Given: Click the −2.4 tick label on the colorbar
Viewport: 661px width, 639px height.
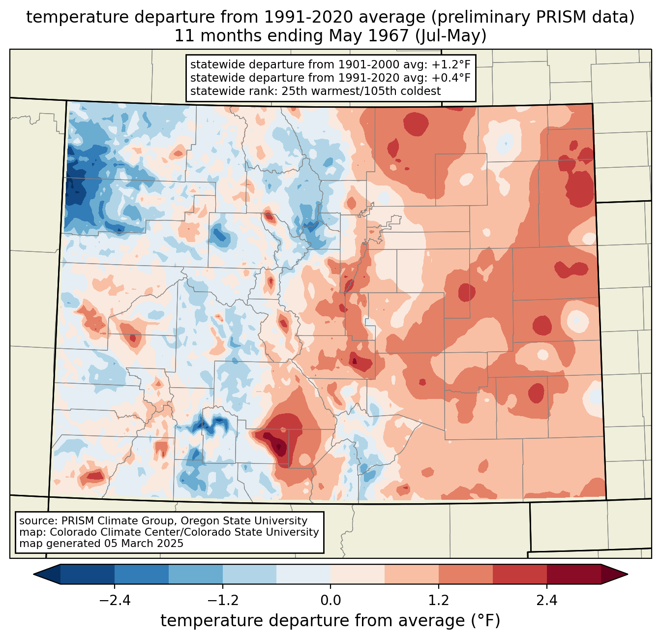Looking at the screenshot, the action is (115, 600).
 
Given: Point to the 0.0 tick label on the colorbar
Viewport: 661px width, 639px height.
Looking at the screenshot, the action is (330, 600).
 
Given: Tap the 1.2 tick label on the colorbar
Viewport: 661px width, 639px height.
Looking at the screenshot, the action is (439, 600).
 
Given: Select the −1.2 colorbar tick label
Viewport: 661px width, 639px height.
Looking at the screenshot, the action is (222, 600).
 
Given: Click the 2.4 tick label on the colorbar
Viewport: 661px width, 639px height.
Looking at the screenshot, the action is (546, 600).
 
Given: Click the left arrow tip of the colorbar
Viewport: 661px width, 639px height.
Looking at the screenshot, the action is (33, 574).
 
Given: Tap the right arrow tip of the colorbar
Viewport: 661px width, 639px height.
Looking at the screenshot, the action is (628, 574).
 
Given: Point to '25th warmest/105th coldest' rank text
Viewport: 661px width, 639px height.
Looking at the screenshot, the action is (361, 91).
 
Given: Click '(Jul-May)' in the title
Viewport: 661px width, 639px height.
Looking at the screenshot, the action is (451, 36).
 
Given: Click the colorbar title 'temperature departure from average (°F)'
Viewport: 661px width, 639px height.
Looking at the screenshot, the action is (330, 620).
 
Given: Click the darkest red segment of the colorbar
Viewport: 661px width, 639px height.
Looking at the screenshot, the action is (574, 574).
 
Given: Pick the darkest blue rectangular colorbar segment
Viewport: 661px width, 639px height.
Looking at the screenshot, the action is (87, 574).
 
